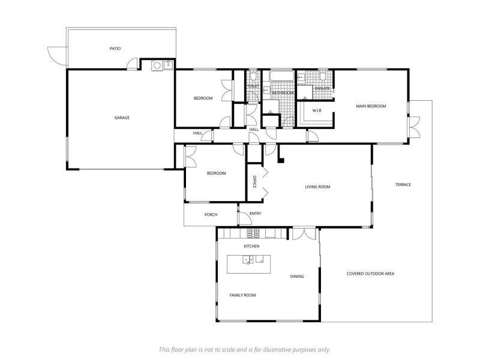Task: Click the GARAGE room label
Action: coord(122,118)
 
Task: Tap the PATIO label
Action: coord(115,49)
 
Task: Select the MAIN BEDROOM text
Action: coord(371,106)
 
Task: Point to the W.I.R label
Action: coord(317,110)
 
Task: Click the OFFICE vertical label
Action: coord(254,182)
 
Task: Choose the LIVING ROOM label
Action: coord(317,187)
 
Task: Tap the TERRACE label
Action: coord(403,185)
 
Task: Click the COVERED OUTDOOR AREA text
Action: coord(370,274)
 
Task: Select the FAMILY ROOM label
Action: coord(242,295)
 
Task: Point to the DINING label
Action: coord(296,276)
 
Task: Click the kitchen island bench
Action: coord(248,264)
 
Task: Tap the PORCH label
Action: coord(211,215)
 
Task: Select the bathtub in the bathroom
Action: coord(282,76)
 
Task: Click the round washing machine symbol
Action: coord(157,65)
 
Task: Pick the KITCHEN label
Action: coord(251,246)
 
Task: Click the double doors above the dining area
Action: coord(304,233)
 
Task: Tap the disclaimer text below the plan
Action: coord(244,349)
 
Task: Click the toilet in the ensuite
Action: coord(323,76)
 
